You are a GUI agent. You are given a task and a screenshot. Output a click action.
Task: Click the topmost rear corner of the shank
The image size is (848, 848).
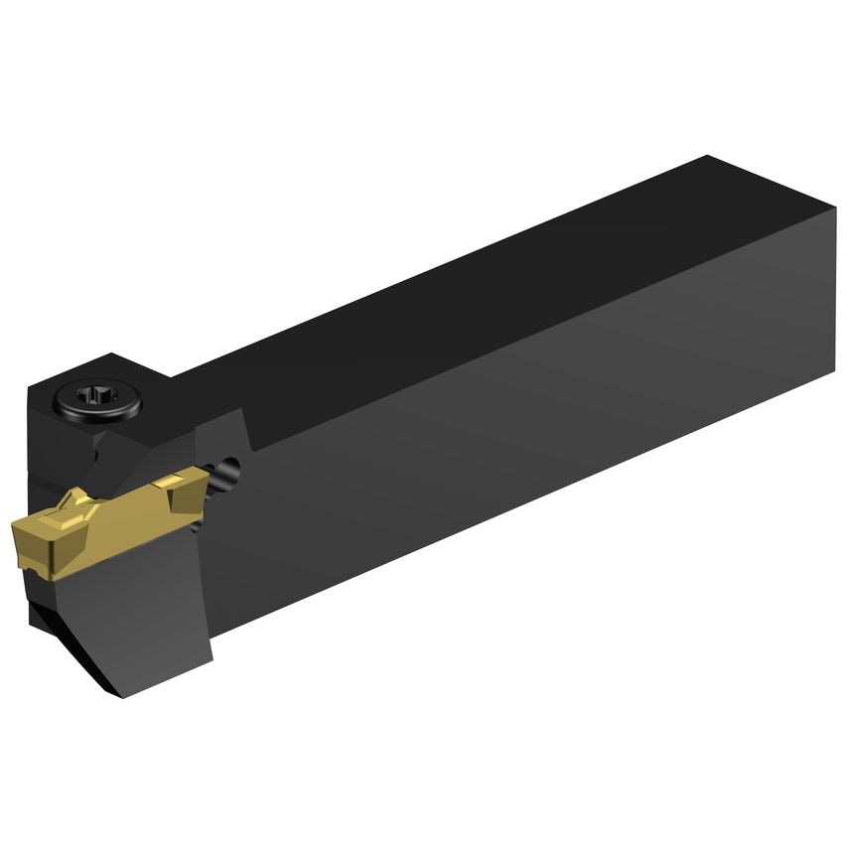[707, 157]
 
